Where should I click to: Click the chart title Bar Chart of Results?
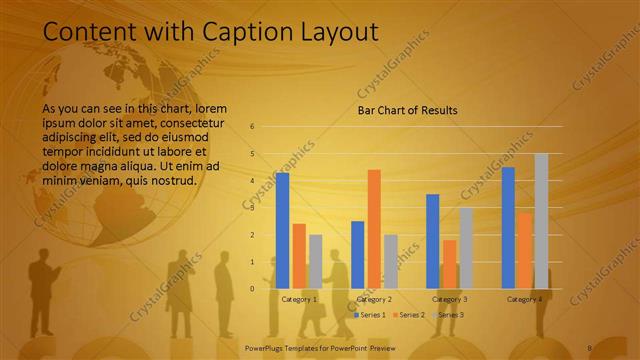[408, 110]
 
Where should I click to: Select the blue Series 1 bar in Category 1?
[283, 230]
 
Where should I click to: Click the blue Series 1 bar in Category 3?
[433, 241]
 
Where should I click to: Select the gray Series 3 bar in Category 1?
[315, 261]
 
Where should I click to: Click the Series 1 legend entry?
[369, 315]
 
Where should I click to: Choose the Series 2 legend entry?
[410, 315]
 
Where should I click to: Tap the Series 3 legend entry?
[447, 315]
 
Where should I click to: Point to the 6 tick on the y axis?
[252, 127]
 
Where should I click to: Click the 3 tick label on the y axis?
[252, 208]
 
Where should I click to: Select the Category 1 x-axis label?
[299, 299]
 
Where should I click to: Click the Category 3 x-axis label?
[449, 299]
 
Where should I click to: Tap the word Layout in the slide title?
[335, 32]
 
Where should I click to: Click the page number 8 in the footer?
[590, 347]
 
